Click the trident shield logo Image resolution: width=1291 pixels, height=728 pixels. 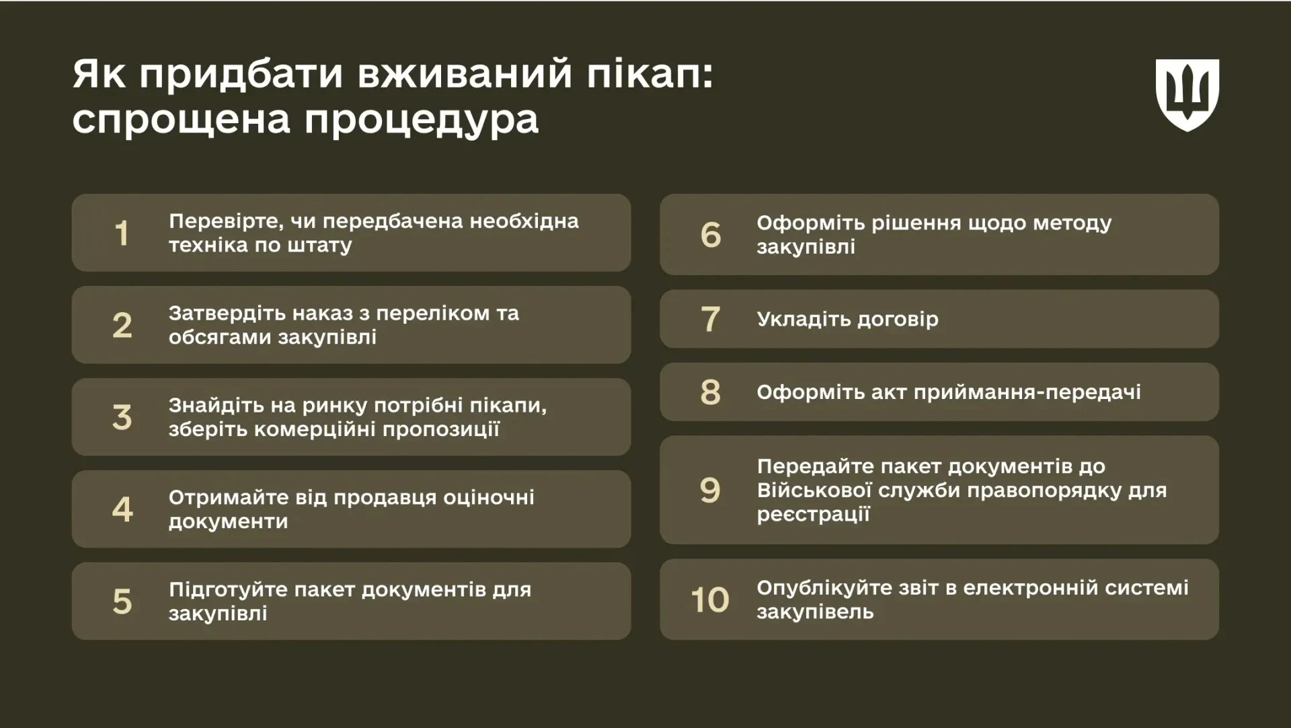pos(1187,95)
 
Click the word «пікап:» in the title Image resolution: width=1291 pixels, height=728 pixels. pos(650,74)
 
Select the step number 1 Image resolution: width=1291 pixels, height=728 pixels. pos(122,233)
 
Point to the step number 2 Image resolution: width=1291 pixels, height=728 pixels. pos(122,326)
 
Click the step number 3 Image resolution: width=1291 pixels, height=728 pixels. pos(122,418)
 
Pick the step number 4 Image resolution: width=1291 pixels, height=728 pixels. pos(122,509)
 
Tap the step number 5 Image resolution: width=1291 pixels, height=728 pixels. pos(122,602)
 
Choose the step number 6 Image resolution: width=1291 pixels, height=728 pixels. pos(711,235)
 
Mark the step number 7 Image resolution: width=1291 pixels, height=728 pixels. pos(711,319)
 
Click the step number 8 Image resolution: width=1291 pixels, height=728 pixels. pos(711,392)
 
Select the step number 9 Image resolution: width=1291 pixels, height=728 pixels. pos(710,490)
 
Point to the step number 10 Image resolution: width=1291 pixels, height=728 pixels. pos(710,599)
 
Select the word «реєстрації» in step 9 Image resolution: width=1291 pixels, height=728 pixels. pos(814,515)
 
